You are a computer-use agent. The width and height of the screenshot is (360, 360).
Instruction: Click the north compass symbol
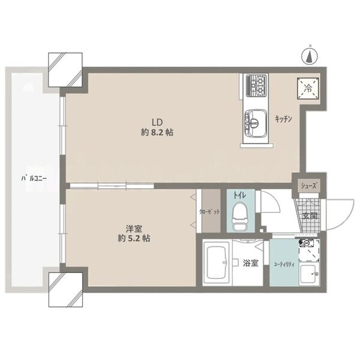click(310, 57)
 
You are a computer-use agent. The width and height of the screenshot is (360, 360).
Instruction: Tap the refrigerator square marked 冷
click(308, 89)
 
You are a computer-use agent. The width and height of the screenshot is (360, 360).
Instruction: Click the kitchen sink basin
click(256, 122)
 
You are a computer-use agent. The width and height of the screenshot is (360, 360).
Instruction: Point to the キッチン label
click(284, 119)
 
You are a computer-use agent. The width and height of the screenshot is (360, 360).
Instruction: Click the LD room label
click(157, 122)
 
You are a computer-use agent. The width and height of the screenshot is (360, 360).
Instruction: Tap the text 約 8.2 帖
click(157, 133)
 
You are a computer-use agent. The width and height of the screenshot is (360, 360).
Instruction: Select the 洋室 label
click(134, 229)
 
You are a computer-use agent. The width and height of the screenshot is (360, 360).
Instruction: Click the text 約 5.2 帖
click(134, 239)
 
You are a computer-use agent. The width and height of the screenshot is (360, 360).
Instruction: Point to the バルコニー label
click(34, 178)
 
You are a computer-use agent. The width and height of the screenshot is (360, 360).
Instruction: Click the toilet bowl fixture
click(240, 216)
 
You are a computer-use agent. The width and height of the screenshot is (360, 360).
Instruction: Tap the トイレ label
click(239, 196)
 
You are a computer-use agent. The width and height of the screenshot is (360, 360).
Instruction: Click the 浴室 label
click(251, 263)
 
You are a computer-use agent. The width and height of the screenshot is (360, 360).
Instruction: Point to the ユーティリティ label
click(284, 265)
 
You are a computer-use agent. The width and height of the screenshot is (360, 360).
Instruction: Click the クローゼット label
click(209, 212)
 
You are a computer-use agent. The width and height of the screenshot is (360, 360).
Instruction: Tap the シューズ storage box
click(309, 186)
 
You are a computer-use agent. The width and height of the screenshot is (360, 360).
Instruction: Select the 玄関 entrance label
click(310, 216)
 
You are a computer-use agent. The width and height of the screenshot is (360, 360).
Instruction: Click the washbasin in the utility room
click(309, 275)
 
